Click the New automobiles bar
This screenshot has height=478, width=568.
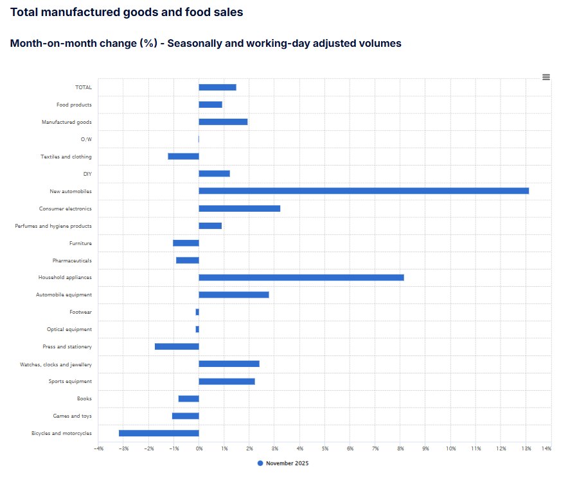364,191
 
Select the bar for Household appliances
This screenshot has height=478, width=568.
301,277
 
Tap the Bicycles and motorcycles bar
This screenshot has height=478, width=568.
159,433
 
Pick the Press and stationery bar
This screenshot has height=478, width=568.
177,346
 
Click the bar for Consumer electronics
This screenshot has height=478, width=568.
240,209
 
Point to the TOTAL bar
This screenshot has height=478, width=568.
217,87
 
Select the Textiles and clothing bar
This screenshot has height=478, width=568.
183,156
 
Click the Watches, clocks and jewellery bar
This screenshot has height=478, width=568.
229,364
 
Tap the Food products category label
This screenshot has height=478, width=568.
74,105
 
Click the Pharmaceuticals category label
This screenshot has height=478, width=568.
72,260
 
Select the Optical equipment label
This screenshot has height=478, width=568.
69,329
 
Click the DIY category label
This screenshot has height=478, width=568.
87,173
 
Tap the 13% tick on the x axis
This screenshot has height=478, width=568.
526,448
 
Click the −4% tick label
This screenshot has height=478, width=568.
98,448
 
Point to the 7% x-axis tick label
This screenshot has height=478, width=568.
375,448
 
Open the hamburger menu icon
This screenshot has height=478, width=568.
546,77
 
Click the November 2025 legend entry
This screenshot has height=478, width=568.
283,463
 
